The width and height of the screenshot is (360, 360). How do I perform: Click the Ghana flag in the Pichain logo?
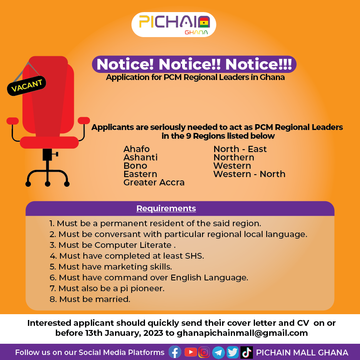pyautogui.click(x=204, y=23)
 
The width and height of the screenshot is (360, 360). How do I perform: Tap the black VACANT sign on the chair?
pyautogui.click(x=27, y=86)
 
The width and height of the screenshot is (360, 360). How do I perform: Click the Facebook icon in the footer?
pyautogui.click(x=175, y=352)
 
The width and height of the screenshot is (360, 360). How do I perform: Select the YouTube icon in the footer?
pyautogui.click(x=190, y=352)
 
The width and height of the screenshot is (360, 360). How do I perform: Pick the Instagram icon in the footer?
pyautogui.click(x=204, y=352)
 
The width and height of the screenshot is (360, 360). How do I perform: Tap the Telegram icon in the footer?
pyautogui.click(x=218, y=352)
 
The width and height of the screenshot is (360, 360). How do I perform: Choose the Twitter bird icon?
pyautogui.click(x=232, y=352)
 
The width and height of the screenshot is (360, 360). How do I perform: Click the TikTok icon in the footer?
pyautogui.click(x=247, y=352)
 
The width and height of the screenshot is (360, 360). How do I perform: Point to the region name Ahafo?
pyautogui.click(x=137, y=149)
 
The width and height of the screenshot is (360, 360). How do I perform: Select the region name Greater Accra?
pyautogui.click(x=154, y=182)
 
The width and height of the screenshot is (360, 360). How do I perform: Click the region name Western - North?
pyautogui.click(x=249, y=174)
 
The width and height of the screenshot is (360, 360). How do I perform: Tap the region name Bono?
pyautogui.click(x=135, y=166)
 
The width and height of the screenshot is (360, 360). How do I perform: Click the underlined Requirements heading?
pyautogui.click(x=166, y=208)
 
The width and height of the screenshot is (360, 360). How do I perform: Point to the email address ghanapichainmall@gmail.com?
pyautogui.click(x=242, y=333)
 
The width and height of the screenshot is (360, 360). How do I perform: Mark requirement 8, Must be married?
pyautogui.click(x=90, y=299)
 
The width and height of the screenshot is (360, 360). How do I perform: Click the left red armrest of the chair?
pyautogui.click(x=12, y=121)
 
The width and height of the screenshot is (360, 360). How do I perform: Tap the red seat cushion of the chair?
pyautogui.click(x=49, y=142)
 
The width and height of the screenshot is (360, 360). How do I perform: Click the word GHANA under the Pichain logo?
pyautogui.click(x=196, y=32)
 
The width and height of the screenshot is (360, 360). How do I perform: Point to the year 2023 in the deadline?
pyautogui.click(x=153, y=333)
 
